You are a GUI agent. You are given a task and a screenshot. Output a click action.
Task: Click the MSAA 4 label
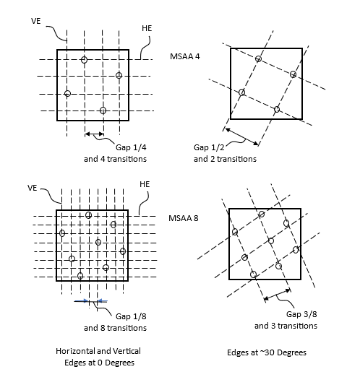tap(185, 56)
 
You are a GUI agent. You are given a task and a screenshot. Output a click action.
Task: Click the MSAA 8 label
tap(184, 218)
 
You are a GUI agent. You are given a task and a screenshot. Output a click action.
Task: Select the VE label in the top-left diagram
tap(36, 21)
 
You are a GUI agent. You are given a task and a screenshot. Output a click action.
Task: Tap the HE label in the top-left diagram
tap(147, 28)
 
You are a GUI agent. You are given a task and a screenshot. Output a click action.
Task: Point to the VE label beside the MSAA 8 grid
tap(33, 188)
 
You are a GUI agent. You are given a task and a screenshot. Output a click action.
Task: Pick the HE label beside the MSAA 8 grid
tap(145, 184)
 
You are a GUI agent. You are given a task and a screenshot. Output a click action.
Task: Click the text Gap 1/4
tap(131, 147)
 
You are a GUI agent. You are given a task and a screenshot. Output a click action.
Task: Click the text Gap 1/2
tap(209, 147)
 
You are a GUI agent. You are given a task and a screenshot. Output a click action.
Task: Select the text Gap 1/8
tap(131, 316)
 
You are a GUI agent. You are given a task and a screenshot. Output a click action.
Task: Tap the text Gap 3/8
tap(301, 314)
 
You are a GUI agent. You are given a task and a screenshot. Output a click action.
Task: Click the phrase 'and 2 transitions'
tap(225, 159)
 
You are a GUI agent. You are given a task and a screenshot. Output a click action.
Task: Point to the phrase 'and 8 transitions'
tap(115, 328)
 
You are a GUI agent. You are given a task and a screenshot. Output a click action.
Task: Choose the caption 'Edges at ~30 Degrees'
tap(267, 352)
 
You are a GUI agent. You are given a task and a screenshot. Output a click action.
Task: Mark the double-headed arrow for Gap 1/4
tap(94, 134)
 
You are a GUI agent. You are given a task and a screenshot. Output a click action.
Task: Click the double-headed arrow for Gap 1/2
tap(241, 137)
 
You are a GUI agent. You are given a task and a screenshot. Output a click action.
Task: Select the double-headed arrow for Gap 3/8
tap(277, 295)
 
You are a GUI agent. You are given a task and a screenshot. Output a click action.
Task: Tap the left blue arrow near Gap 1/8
tap(81, 300)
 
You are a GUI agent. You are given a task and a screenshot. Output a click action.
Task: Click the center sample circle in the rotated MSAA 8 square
tap(271, 240)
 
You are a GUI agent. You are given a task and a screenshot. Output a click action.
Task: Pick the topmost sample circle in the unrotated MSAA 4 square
tap(84, 59)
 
